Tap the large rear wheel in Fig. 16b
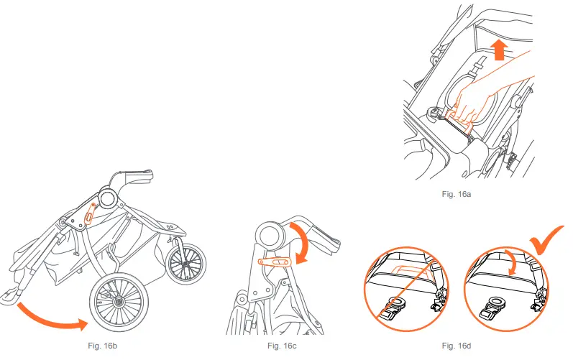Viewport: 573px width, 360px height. pyautogui.click(x=118, y=302)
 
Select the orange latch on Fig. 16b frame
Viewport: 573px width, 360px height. pyautogui.click(x=91, y=212)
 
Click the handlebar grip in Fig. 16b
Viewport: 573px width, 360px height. pyautogui.click(x=138, y=174)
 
